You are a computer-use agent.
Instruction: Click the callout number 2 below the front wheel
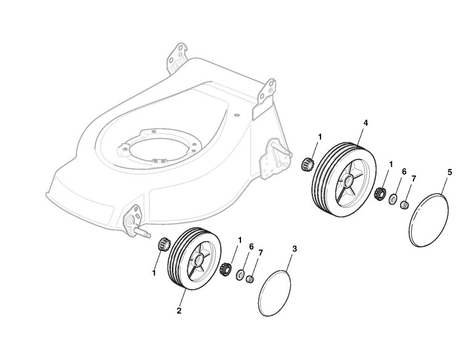pyautogui.click(x=179, y=311)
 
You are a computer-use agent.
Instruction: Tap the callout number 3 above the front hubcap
pyautogui.click(x=295, y=249)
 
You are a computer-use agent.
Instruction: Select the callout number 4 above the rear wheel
pyautogui.click(x=365, y=123)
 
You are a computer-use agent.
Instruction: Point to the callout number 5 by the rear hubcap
pyautogui.click(x=449, y=172)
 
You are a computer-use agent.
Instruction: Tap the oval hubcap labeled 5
pyautogui.click(x=429, y=220)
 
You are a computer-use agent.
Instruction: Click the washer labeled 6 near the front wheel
pyautogui.click(x=241, y=274)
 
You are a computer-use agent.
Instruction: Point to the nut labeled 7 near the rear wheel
pyautogui.click(x=405, y=205)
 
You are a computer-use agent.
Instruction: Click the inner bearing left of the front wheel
pyautogui.click(x=163, y=244)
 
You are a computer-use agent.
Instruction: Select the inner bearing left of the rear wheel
pyautogui.click(x=308, y=165)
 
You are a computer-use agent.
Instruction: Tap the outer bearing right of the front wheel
pyautogui.click(x=226, y=269)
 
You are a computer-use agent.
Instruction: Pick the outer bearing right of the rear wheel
pyautogui.click(x=380, y=193)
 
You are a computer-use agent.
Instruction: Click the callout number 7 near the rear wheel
pyautogui.click(x=414, y=179)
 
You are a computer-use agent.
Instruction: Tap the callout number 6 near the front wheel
pyautogui.click(x=251, y=246)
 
